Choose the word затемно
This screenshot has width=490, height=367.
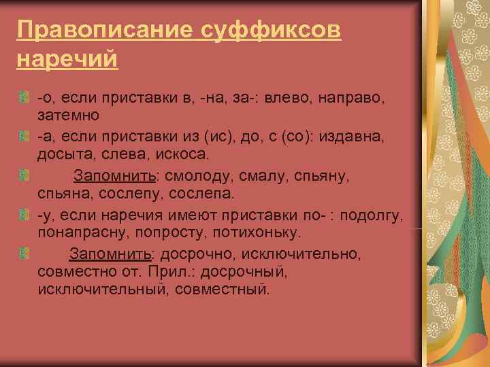[x=69, y=117]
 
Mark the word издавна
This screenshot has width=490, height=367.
[x=355, y=137]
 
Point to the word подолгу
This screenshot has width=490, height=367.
[x=374, y=215]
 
